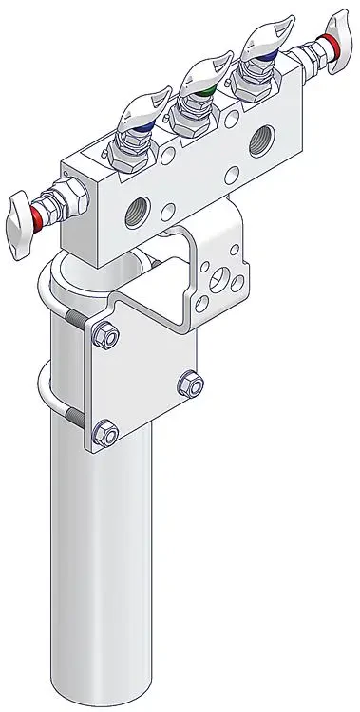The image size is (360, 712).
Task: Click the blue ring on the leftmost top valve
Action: [x=142, y=123]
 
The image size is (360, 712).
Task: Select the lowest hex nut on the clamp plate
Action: [x=105, y=435]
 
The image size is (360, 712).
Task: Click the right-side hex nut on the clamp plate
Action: [x=190, y=384]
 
